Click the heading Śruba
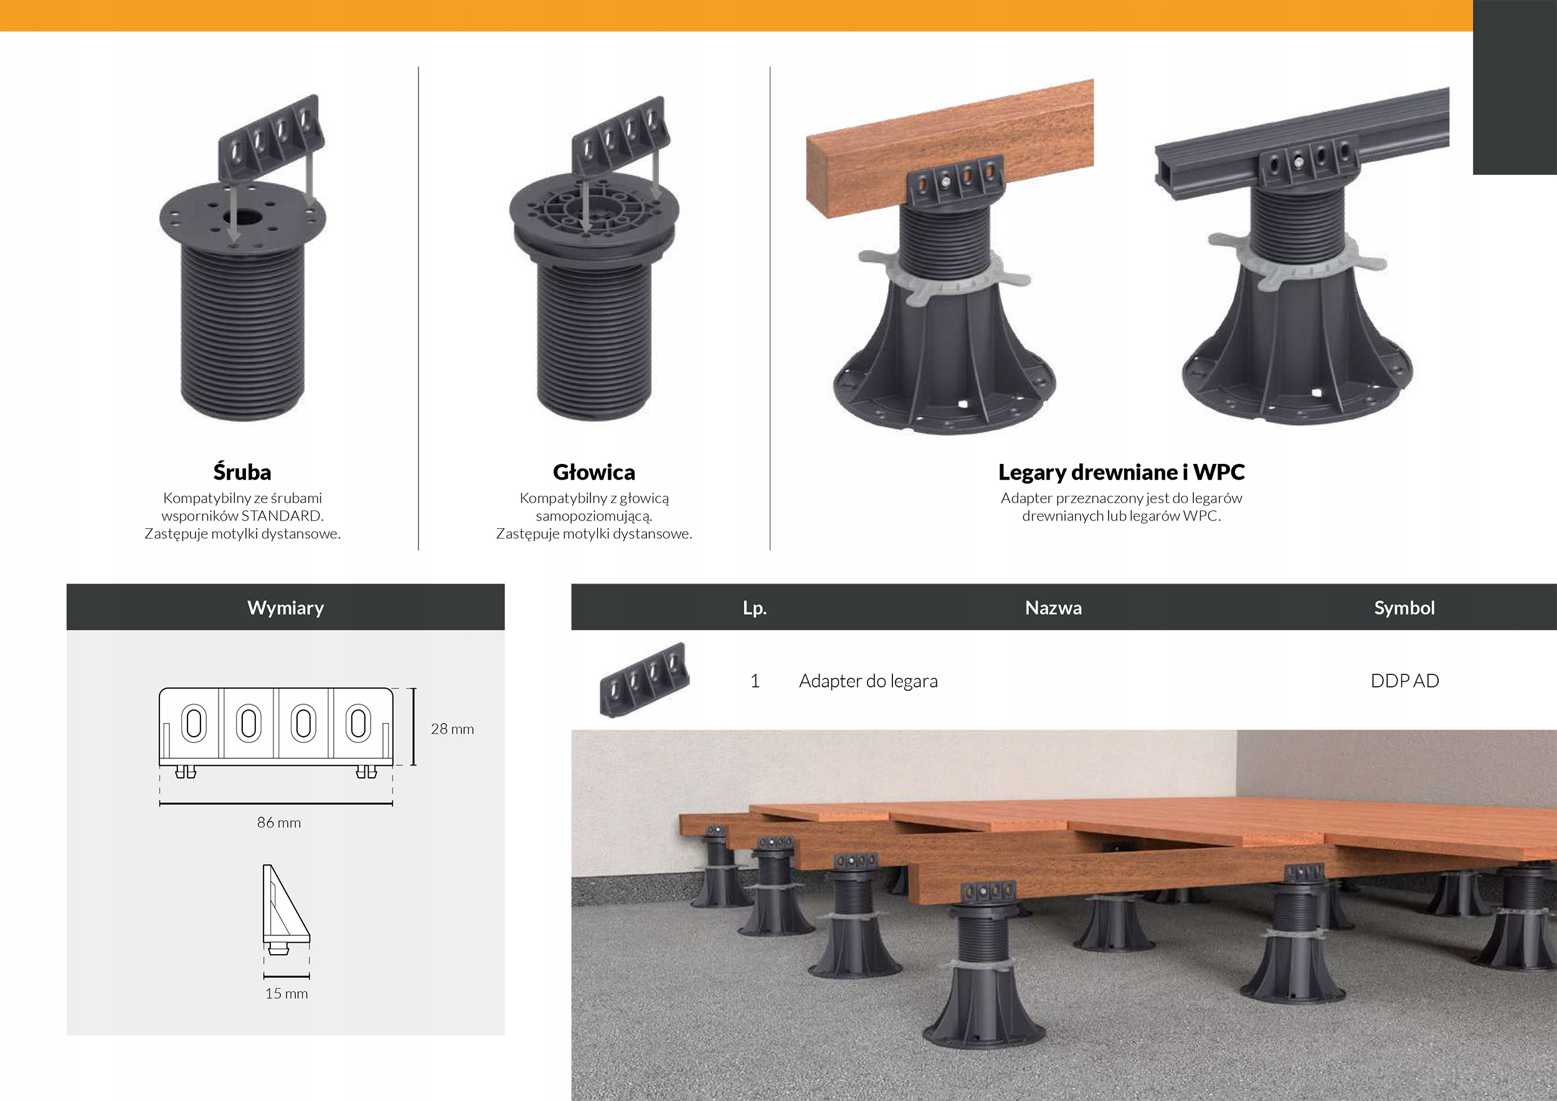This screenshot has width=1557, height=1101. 242,472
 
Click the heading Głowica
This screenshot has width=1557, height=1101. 594,472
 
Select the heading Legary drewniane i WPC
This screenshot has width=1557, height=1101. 1122,472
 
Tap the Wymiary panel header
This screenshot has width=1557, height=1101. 285,607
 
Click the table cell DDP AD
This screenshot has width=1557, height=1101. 1405,681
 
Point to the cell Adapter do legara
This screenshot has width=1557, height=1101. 868,681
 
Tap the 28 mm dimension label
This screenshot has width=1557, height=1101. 452,729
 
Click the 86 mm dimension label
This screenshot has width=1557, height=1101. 279,823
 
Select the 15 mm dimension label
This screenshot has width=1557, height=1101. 286,993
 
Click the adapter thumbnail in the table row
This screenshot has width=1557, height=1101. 644,679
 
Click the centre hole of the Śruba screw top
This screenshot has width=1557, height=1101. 243,217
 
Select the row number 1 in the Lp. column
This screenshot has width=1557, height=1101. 755,681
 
